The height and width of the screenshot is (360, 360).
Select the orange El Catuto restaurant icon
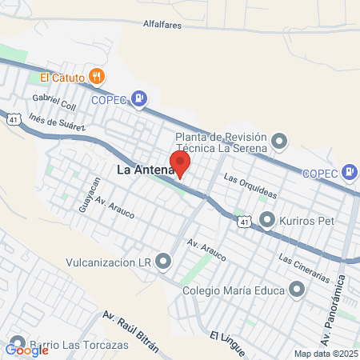coord(97,77)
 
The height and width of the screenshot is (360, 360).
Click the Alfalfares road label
coord(165,26)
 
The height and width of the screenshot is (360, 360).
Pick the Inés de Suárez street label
coord(57,122)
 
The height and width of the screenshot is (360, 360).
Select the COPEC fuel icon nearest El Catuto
coord(140,99)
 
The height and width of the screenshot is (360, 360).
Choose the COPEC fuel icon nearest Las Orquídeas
coord(349,172)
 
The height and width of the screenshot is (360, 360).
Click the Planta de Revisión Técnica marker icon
coord(278,142)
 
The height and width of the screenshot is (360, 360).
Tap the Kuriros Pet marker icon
coord(267,218)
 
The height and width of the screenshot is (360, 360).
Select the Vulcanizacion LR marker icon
coord(164,262)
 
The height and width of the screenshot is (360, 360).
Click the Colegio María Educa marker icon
coord(298,289)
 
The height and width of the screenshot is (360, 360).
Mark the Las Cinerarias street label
coord(304,268)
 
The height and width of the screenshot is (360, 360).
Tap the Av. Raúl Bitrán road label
coord(131,334)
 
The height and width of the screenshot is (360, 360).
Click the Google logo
coord(26,350)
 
